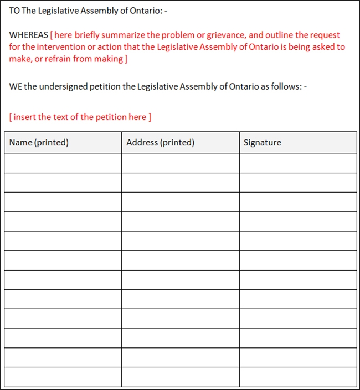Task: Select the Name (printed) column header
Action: (39, 142)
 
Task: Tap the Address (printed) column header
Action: (160, 142)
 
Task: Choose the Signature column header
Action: (262, 142)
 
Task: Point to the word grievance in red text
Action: (227, 35)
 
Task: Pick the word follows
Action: (286, 86)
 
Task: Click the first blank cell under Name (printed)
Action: (63, 163)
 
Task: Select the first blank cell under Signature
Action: (298, 163)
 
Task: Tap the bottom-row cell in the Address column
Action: (181, 377)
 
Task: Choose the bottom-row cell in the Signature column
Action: (298, 377)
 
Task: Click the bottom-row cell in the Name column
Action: (63, 377)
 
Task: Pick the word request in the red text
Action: (326, 35)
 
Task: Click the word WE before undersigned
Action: (16, 86)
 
